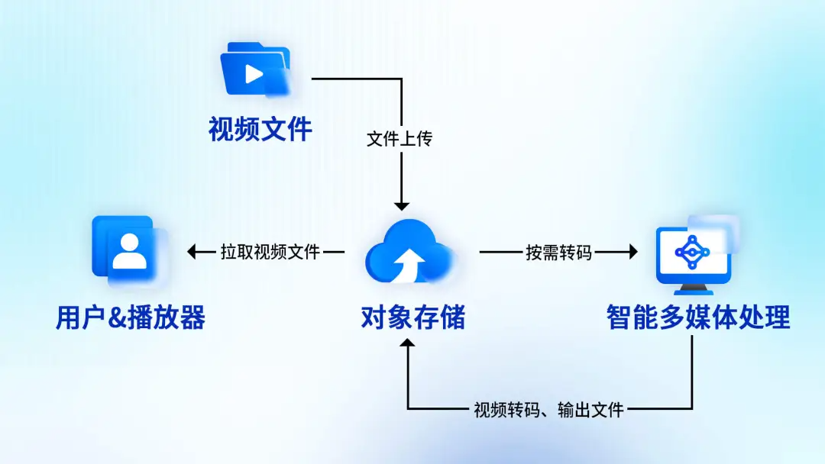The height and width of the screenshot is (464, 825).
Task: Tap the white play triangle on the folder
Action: click(254, 74)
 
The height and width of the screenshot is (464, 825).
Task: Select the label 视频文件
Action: click(260, 129)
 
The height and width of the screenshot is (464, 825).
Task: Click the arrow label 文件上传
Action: click(400, 139)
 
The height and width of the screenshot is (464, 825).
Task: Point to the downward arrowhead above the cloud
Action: click(402, 206)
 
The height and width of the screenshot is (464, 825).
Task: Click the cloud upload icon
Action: click(409, 251)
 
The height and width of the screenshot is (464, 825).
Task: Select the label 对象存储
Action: click(413, 318)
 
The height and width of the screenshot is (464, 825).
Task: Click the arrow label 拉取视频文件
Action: click(270, 253)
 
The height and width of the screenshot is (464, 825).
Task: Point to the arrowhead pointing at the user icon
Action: click(192, 253)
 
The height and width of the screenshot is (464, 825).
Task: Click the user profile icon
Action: click(129, 250)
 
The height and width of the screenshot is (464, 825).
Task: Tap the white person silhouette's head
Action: click(129, 243)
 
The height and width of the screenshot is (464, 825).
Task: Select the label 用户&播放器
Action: click(131, 318)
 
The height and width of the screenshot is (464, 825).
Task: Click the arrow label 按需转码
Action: click(558, 253)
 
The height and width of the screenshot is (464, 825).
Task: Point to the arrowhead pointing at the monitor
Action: click(633, 253)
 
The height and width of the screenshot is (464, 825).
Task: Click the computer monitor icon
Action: click(694, 255)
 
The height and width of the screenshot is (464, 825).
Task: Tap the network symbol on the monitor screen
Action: click(692, 253)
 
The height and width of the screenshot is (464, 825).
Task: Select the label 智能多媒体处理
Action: click(698, 318)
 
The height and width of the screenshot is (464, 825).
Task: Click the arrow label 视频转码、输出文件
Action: click(548, 410)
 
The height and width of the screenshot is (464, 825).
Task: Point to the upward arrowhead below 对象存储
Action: click(407, 343)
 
